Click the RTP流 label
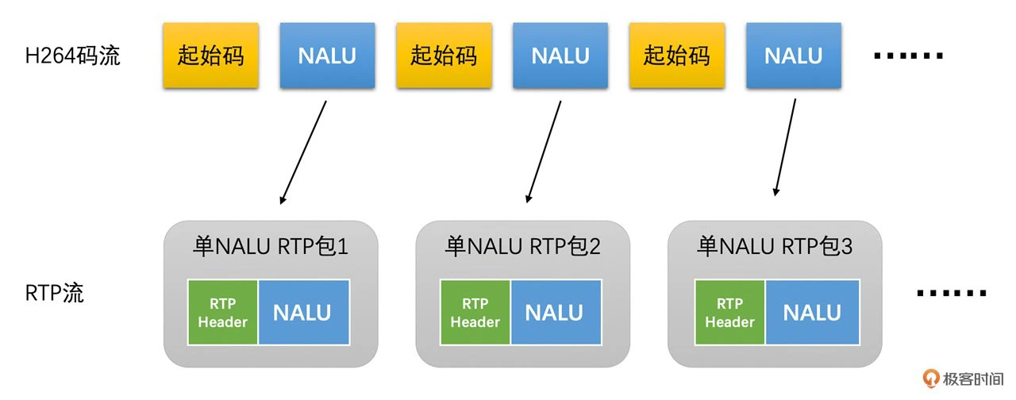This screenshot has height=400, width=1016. [x=55, y=293]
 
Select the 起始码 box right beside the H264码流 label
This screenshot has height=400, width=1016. [x=210, y=56]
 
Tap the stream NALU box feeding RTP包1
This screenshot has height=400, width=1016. [x=327, y=56]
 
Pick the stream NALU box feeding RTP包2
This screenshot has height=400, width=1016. [x=560, y=56]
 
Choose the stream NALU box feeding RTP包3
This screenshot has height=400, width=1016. [x=794, y=56]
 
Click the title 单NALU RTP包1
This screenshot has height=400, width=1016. [x=271, y=247]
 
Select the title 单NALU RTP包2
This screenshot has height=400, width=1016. [x=522, y=247]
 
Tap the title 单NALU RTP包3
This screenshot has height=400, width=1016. [x=775, y=247]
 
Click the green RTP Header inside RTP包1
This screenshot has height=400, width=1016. [x=223, y=313]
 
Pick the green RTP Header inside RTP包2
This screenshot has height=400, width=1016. [x=475, y=313]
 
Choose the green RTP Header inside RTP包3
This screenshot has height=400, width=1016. [x=729, y=313]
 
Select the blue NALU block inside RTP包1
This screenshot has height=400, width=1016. [x=302, y=313]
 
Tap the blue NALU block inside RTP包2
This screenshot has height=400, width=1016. [x=554, y=313]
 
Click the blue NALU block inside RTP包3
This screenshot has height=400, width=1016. [x=812, y=313]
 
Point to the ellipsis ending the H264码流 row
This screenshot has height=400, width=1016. [x=908, y=56]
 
